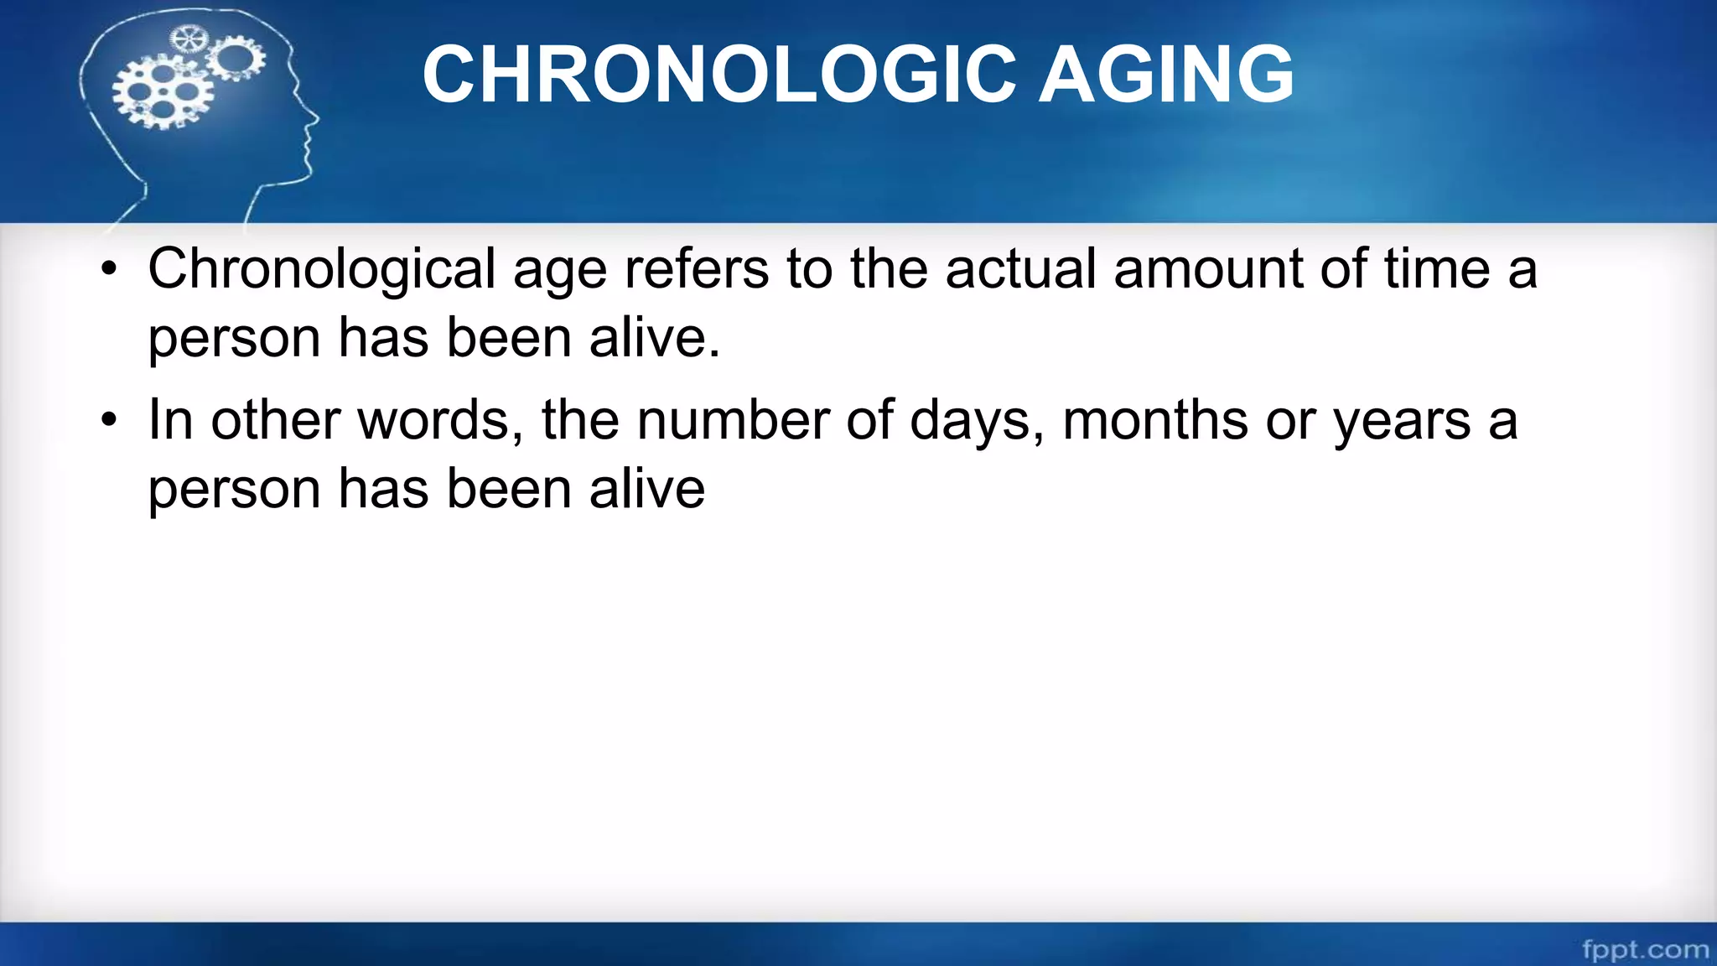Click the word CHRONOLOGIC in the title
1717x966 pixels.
719,75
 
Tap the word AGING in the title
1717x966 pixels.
1166,75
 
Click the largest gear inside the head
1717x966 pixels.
161,92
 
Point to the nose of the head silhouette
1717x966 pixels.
316,120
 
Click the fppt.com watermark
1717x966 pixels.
1645,949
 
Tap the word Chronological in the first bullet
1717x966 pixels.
322,270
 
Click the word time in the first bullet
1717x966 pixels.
1436,270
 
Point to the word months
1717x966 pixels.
1155,421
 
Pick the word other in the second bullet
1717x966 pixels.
275,421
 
